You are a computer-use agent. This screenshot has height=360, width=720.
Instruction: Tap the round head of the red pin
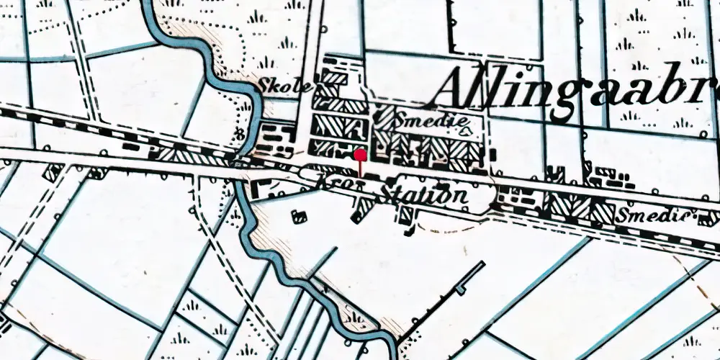coord(361,154)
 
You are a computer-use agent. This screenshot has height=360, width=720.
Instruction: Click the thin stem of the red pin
coord(361,168)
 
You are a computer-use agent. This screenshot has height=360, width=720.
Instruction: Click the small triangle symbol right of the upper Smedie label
coord(466,131)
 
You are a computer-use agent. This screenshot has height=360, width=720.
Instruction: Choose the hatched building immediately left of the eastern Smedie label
coord(602,210)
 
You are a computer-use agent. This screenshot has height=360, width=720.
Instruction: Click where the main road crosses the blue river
coord(240,164)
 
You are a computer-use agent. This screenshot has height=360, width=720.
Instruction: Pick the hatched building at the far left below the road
coord(52,173)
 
